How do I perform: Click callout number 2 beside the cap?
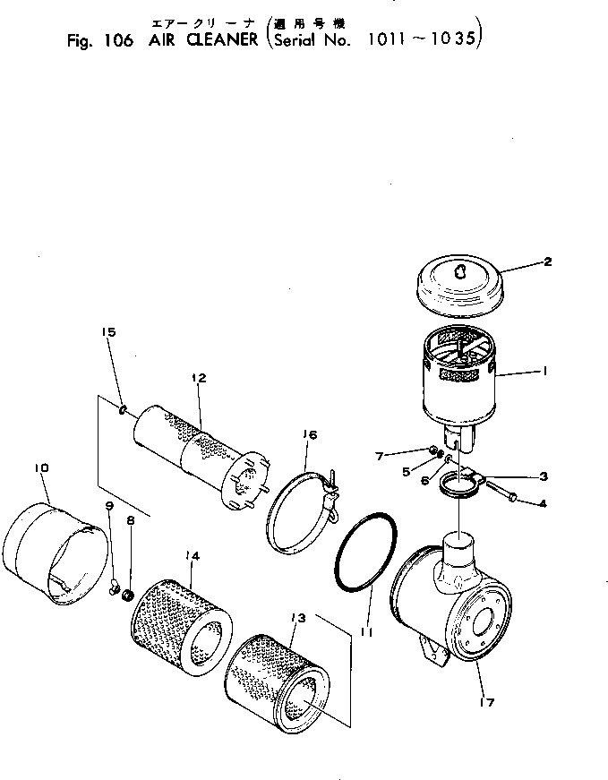click(546, 262)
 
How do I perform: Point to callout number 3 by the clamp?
click(543, 476)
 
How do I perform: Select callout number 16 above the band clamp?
click(309, 435)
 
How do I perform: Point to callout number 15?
click(108, 332)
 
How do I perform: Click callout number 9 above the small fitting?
click(109, 506)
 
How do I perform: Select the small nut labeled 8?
click(127, 596)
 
